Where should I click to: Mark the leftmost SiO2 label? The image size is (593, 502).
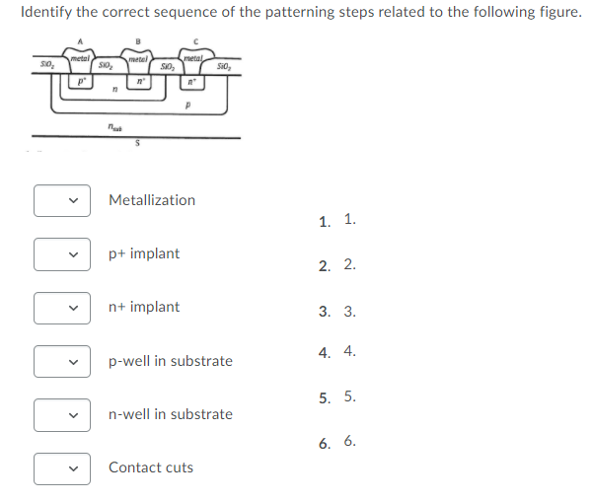pyautogui.click(x=45, y=65)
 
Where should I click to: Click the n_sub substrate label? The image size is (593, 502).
pyautogui.click(x=116, y=125)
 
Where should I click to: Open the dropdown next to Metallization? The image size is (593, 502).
pyautogui.click(x=63, y=200)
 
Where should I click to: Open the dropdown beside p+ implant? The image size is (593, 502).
pyautogui.click(x=63, y=254)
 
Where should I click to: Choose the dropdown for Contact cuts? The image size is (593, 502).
pyautogui.click(x=63, y=467)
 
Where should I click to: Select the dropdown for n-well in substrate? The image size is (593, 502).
pyautogui.click(x=63, y=414)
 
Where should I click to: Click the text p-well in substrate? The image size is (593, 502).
pyautogui.click(x=171, y=361)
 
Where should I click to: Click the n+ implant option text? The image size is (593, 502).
pyautogui.click(x=144, y=307)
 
